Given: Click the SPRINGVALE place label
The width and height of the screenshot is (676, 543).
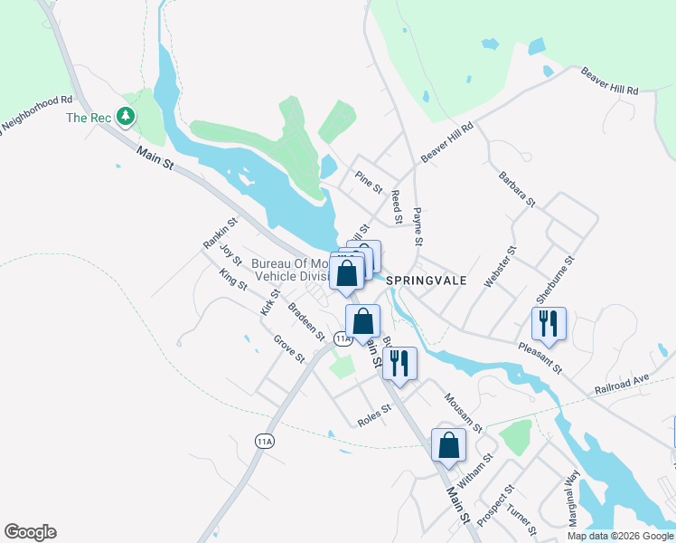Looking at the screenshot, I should pos(427,281).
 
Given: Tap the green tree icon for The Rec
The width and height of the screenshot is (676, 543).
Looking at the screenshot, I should pos(127,117).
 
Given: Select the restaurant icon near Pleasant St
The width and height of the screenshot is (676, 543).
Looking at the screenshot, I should pos(549,322).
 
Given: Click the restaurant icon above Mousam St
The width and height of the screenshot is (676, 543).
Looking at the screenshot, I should pos(399,362).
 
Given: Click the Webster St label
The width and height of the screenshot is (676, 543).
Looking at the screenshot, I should pos(501,267).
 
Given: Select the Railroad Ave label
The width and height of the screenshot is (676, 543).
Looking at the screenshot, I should pos(623,384).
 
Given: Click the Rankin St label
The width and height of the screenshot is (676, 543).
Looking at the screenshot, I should pos(220,233).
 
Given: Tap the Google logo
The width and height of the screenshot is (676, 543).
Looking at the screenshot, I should pos(30,532).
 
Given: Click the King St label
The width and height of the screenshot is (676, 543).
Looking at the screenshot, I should pos(232,280).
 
